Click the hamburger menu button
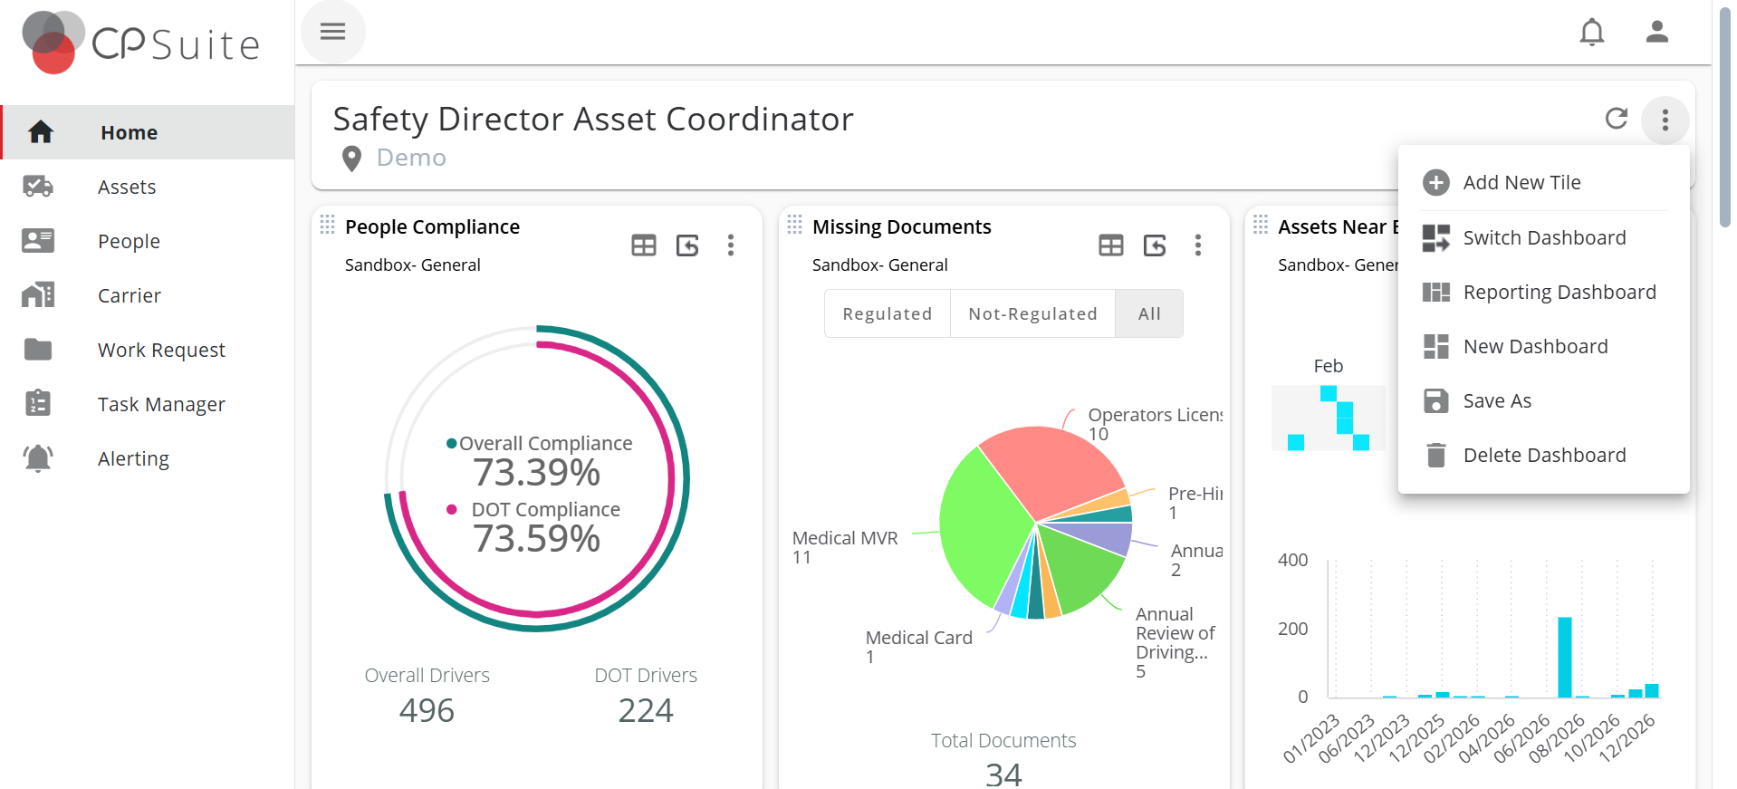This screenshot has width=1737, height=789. [x=332, y=32]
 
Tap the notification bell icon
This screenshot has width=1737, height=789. [x=1591, y=33]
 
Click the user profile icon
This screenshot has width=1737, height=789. [x=1656, y=33]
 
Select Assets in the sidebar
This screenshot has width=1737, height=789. [x=127, y=187]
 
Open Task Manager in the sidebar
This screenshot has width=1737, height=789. [x=161, y=404]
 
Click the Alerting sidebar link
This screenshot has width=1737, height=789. [x=133, y=458]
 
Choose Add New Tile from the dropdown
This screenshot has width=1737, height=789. [x=1521, y=183]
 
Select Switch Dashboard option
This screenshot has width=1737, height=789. [x=1544, y=238]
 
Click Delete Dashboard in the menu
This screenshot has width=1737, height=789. [x=1544, y=456]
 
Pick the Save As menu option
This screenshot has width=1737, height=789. [x=1497, y=401]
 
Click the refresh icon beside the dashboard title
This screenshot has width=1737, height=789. [x=1616, y=119]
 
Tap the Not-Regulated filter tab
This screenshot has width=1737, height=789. [x=1032, y=313]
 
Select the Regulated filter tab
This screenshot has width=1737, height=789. [x=887, y=313]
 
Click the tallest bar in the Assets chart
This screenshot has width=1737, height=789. [x=1564, y=657]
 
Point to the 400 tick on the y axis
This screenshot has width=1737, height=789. [x=1292, y=560]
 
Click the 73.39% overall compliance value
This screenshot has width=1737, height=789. [x=536, y=472]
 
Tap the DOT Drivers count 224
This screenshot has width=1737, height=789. [x=645, y=710]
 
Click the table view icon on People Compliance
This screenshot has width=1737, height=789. [x=643, y=245]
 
